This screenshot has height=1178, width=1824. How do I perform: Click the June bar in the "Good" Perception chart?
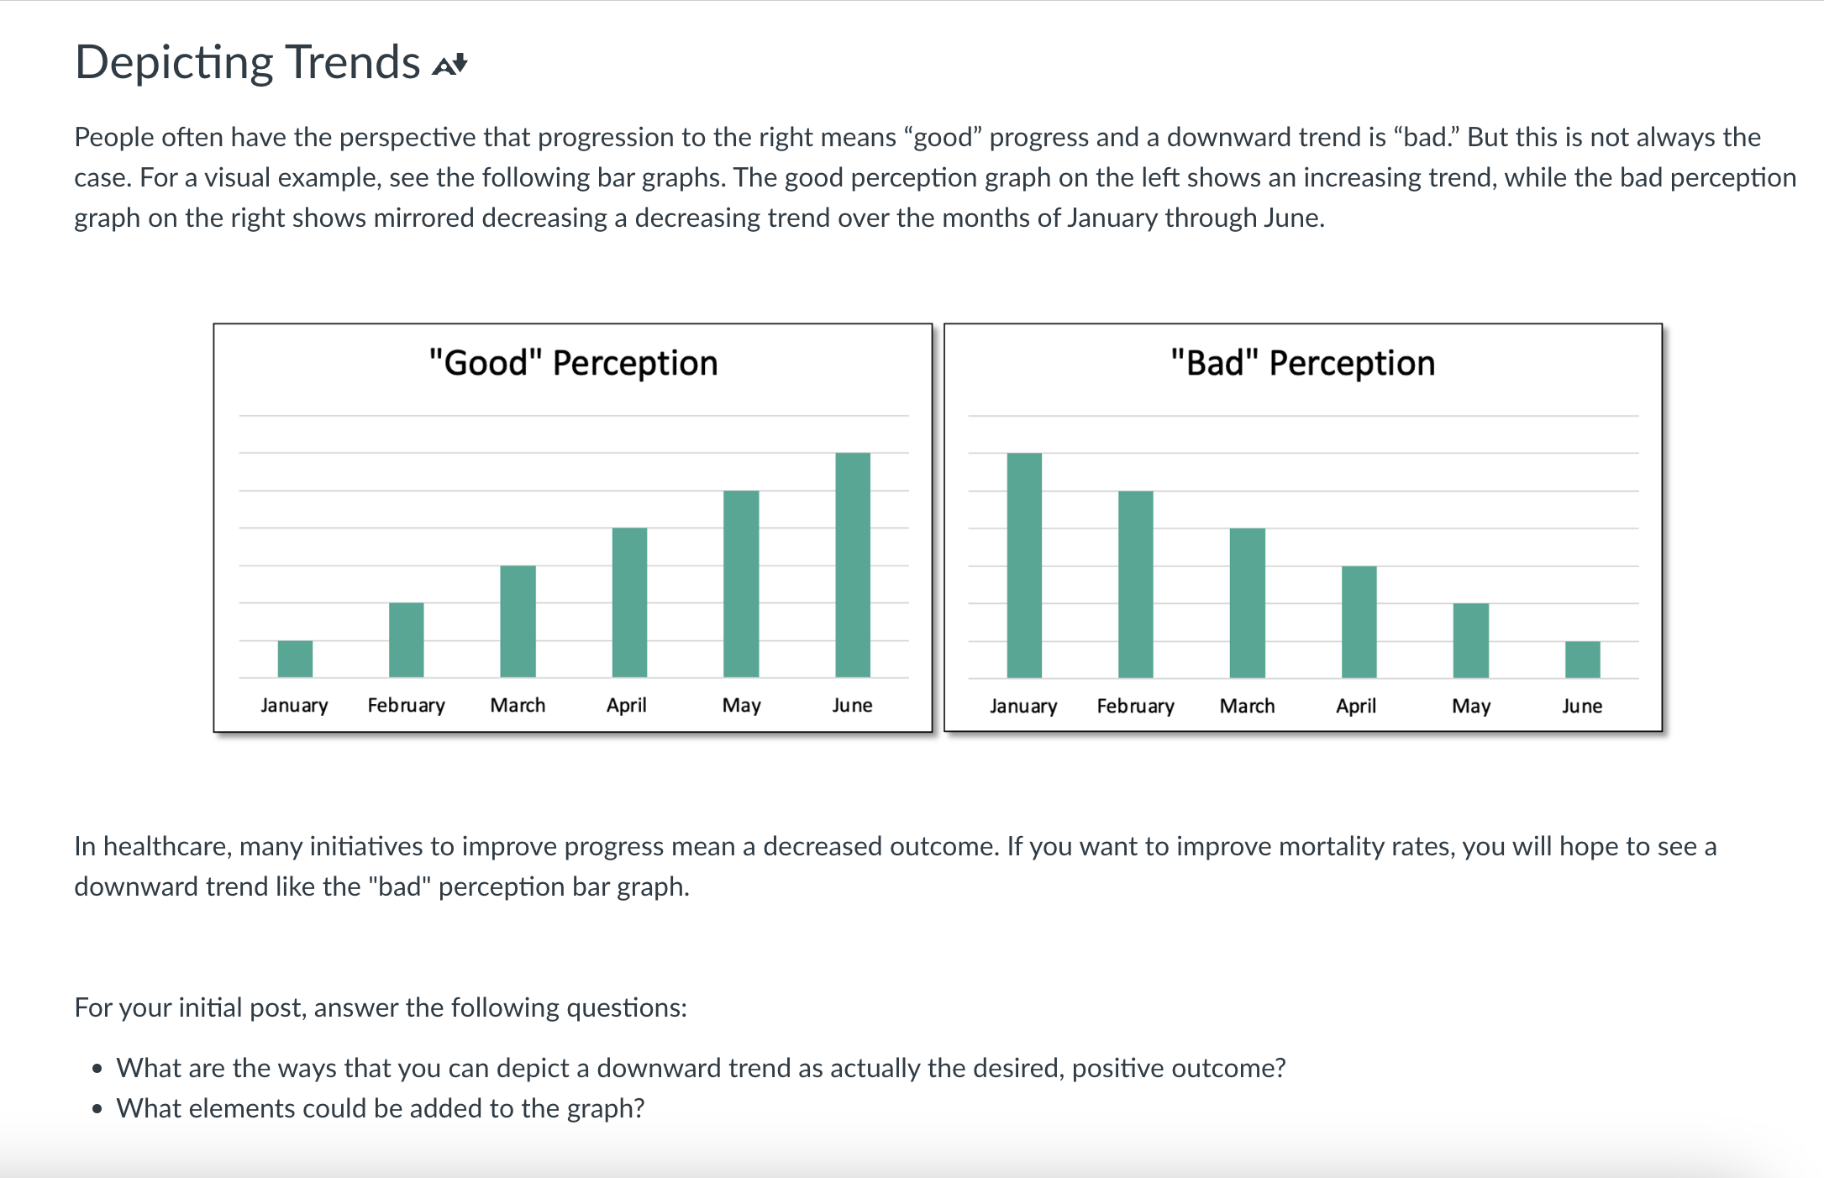[x=852, y=565]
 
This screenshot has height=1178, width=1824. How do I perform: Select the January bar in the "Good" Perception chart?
[x=295, y=659]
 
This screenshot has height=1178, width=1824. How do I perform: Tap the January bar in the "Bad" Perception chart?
[x=1023, y=565]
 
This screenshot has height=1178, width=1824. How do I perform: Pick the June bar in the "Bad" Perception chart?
[x=1582, y=660]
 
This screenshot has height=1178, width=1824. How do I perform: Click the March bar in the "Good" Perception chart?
[x=518, y=621]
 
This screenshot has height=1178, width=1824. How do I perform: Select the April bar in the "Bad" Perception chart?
[x=1359, y=622]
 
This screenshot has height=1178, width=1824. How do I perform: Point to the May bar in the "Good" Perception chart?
[x=741, y=584]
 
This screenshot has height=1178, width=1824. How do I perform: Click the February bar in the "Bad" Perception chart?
[x=1135, y=584]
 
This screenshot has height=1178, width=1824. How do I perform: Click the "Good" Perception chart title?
[x=573, y=363]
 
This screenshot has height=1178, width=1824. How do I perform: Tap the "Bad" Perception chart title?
[x=1302, y=363]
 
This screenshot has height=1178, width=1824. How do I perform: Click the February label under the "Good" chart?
[x=406, y=705]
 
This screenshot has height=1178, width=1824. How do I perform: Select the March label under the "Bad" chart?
[x=1247, y=706]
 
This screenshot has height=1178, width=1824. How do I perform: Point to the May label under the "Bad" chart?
[x=1470, y=706]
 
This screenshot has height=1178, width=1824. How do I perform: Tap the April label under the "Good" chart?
[x=627, y=705]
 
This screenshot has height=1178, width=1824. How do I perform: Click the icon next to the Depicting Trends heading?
[x=449, y=65]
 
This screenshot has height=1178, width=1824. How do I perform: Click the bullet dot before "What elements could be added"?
[x=97, y=1109]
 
